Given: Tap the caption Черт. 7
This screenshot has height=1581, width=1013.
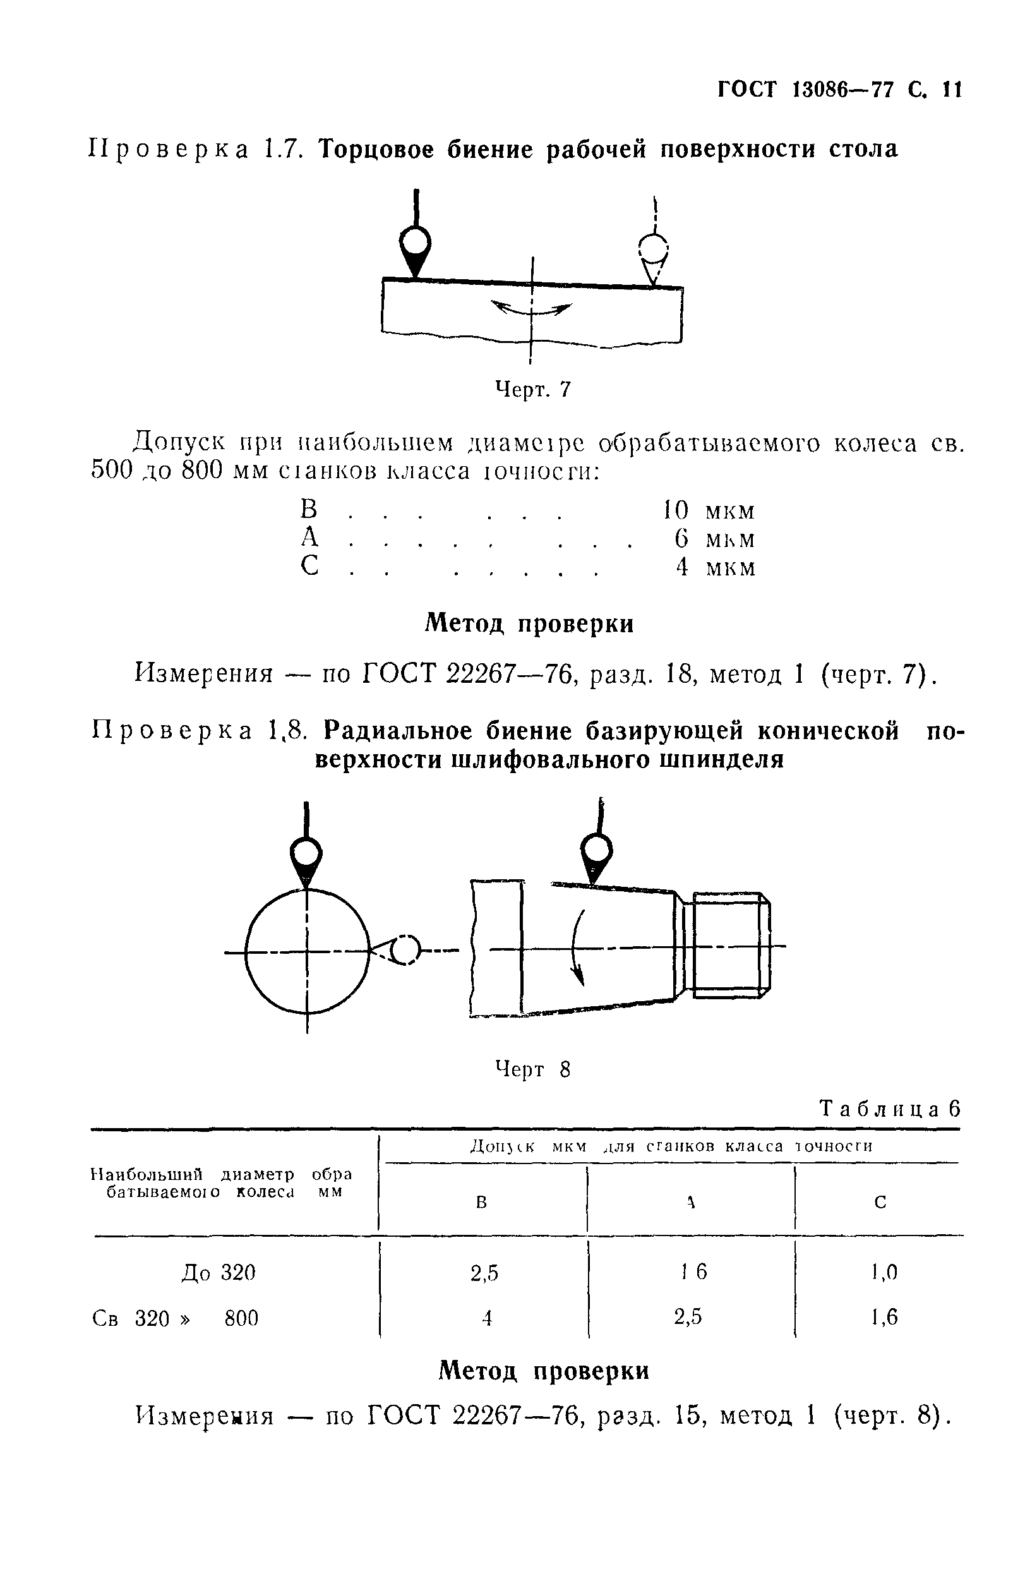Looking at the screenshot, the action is tap(532, 390).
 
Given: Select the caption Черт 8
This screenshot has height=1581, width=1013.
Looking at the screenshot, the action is tap(532, 1070).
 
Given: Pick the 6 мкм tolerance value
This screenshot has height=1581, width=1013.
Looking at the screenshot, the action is tap(714, 539).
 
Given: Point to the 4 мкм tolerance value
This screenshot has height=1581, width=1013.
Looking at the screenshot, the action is tap(715, 567).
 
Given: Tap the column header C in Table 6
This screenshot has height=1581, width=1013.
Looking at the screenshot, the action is tap(880, 1203).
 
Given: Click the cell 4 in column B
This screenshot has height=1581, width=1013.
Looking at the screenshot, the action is tap(487, 1318).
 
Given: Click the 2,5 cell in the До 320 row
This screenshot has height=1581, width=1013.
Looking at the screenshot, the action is tap(484, 1274).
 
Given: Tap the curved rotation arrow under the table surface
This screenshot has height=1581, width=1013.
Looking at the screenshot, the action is tap(532, 308).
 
